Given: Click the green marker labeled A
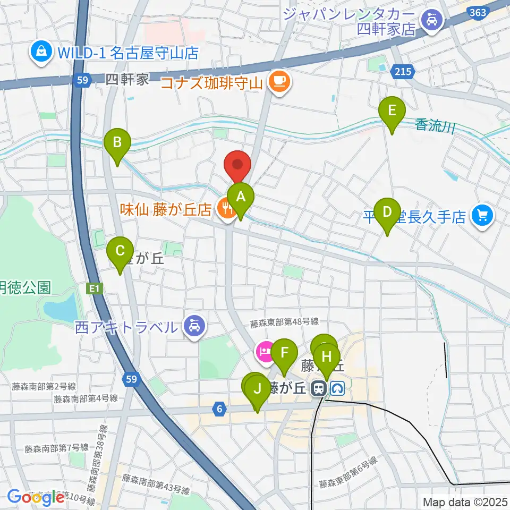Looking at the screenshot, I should (241, 197).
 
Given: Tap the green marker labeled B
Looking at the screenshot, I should (117, 142).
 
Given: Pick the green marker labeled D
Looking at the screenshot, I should (387, 211).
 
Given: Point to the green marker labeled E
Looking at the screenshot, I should (392, 111).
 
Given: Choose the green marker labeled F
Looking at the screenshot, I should (284, 352).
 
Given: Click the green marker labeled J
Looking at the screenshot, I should (258, 389).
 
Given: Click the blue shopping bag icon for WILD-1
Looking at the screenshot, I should (40, 52).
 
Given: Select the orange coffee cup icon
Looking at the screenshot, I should (279, 82).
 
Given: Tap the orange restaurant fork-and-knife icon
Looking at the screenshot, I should (226, 208).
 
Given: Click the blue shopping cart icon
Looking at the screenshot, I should (483, 216).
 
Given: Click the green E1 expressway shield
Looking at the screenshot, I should (94, 288).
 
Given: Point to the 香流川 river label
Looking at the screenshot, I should (435, 126).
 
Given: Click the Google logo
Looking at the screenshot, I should (35, 497).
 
